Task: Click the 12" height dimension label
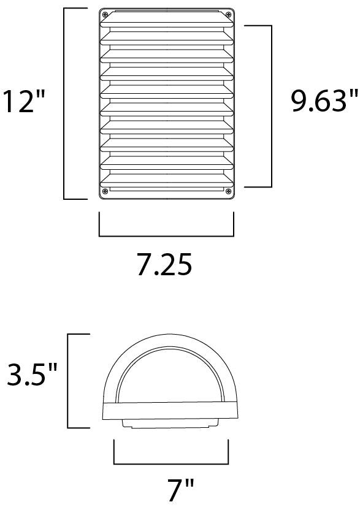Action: point(24,102)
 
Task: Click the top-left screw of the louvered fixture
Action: point(105,15)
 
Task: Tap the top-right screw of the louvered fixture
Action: point(227,15)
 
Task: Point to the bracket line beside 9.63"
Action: point(270,106)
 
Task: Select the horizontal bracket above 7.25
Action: point(166,235)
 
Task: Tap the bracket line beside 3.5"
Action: point(68,380)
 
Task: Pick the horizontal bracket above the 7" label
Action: point(172,464)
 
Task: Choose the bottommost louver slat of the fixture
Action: point(166,180)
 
